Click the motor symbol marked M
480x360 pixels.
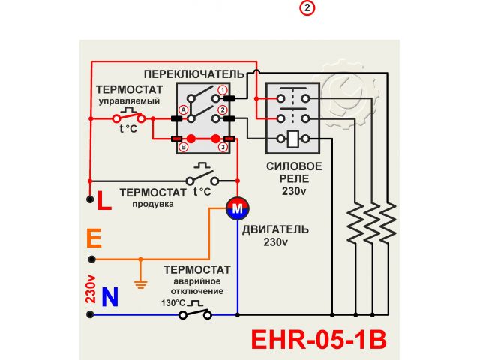tap(236, 209)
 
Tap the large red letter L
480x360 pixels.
tap(103, 201)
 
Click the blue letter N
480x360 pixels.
tap(109, 298)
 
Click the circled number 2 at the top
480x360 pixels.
tap(307, 8)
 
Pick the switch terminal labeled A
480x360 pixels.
tap(182, 107)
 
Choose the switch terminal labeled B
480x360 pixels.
tap(182, 148)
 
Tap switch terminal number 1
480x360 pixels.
tap(223, 91)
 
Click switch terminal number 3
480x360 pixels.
tap(223, 148)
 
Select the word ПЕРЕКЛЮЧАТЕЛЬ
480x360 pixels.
tap(194, 74)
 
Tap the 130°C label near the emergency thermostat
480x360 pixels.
tap(172, 303)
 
